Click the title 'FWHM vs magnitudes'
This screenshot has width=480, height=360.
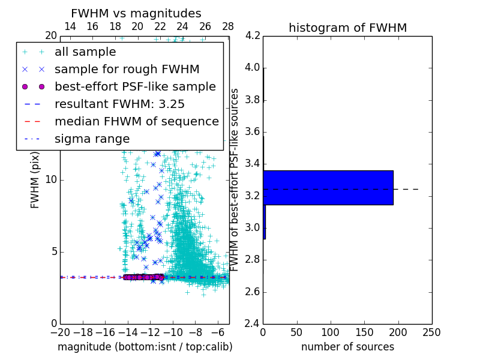pos(136,13)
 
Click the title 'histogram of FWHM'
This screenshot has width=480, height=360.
pos(347,28)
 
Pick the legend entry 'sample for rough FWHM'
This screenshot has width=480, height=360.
pos(127,69)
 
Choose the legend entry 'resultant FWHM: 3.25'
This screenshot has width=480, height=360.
pos(119,104)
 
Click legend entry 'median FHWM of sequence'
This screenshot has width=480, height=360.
pos(136,121)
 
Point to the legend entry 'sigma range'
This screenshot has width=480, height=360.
pos(92,139)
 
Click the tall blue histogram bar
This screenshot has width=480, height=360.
pos(328,188)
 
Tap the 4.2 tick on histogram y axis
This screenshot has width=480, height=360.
pos(253,35)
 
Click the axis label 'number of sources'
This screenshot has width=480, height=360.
pos(347,347)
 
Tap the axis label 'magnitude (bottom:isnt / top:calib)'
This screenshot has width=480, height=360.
pos(145,347)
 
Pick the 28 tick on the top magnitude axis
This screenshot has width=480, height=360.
pos(228,26)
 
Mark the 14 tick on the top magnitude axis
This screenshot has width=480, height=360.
pos(70,26)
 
